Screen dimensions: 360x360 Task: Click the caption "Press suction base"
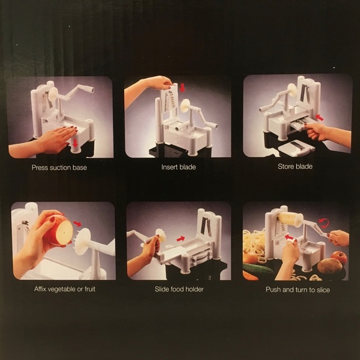59,168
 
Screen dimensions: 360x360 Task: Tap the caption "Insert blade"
178,167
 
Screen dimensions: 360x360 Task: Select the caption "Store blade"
295,166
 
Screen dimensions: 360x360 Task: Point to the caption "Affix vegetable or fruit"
65,289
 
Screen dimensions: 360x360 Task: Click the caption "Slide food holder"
179,289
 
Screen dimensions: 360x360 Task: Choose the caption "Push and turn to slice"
298,289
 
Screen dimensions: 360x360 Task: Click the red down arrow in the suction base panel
76,143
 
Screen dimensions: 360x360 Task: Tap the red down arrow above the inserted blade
182,88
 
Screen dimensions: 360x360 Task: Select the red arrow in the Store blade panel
320,118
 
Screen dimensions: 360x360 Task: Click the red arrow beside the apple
78,223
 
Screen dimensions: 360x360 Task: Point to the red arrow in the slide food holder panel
181,239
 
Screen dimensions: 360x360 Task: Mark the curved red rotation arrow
324,223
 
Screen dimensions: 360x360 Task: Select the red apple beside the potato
339,257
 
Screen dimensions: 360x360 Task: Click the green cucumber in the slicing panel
258,268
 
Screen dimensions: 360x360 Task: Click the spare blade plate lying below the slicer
296,147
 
